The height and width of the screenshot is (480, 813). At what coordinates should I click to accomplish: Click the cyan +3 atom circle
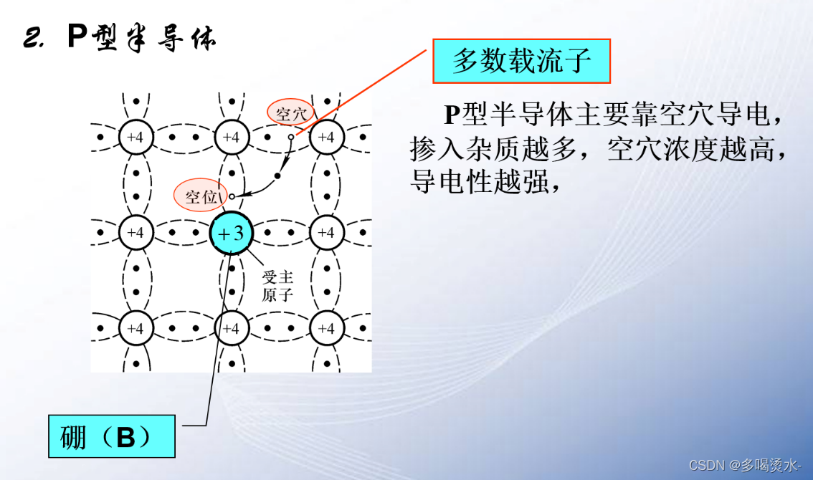point(230,234)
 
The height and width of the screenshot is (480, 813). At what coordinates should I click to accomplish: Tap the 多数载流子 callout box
point(521,62)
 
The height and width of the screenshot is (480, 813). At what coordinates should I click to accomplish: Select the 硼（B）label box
point(112,436)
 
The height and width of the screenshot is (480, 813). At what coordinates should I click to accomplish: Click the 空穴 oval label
point(291,113)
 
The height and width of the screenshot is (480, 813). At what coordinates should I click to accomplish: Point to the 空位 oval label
point(201,196)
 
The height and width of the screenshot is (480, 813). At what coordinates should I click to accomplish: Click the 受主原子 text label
point(279,285)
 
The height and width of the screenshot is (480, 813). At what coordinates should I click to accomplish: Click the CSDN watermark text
point(743,465)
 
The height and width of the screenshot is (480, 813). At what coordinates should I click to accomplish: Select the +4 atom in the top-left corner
point(135,136)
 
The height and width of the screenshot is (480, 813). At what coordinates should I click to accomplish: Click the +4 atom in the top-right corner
point(325,136)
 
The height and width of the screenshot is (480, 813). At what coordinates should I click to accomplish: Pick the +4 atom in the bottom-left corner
point(135,328)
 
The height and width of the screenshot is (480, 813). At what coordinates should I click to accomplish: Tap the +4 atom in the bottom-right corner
point(325,328)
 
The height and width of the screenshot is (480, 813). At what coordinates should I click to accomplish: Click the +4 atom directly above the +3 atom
point(230,136)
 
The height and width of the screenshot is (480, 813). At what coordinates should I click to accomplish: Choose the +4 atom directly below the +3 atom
point(230,328)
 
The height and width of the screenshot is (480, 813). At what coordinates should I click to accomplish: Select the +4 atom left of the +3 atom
point(135,233)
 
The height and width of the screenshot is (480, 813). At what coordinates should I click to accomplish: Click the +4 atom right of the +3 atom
point(325,233)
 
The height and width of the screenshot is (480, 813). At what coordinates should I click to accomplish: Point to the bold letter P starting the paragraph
point(451,115)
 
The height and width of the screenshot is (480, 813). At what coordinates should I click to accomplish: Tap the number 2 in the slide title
point(32,40)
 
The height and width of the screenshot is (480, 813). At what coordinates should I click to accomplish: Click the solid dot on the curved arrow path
point(277,176)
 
